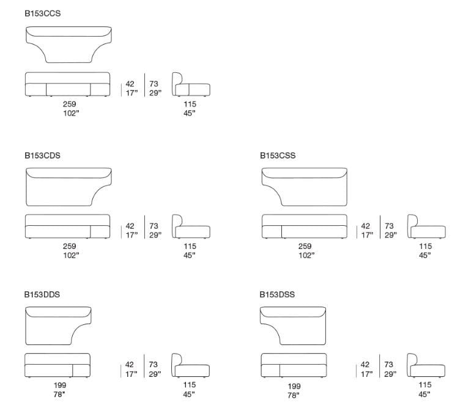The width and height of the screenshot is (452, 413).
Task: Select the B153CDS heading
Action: tap(42, 155)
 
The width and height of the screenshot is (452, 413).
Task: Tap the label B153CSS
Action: tap(278, 155)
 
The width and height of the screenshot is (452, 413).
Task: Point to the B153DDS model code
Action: tap(42, 294)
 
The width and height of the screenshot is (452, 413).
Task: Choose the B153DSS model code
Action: tap(277, 294)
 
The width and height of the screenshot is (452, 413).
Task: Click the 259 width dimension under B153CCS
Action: tap(70, 105)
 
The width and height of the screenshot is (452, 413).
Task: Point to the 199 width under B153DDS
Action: tap(59, 385)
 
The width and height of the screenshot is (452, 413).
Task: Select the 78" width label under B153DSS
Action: tap(294, 396)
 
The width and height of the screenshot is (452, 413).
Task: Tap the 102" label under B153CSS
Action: tap(305, 255)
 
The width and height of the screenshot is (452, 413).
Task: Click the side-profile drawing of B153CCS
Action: tap(190, 85)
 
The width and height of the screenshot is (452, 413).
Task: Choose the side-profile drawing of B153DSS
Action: tap(425, 365)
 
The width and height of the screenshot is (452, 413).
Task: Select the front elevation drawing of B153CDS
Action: tap(67, 226)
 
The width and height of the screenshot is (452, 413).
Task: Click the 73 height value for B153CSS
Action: tap(389, 226)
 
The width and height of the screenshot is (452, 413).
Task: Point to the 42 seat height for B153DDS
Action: tap(130, 365)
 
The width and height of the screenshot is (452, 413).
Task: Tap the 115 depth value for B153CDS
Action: tap(190, 247)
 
